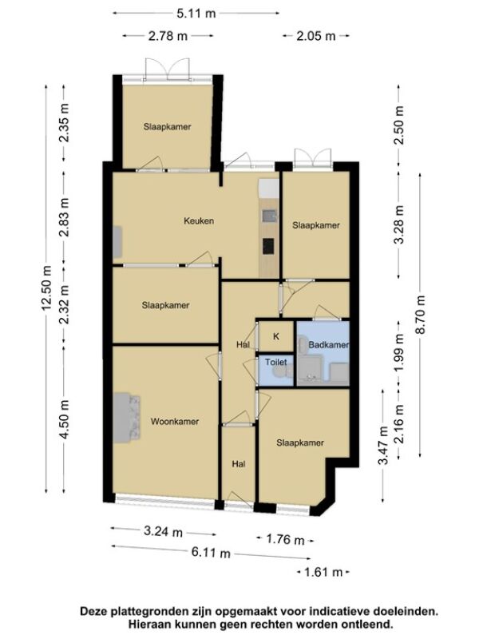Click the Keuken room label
[199, 221]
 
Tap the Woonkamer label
[175, 422]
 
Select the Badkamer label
[329, 345]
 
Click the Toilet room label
[275, 362]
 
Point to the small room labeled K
[276, 336]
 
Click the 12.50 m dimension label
[46, 288]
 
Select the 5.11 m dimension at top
[196, 14]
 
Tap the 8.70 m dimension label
[420, 315]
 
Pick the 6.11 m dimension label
[211, 553]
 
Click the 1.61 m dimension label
[323, 572]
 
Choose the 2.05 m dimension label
[316, 36]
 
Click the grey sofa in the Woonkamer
[127, 417]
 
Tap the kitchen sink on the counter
[269, 216]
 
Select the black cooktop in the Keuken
[268, 246]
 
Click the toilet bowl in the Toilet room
[281, 372]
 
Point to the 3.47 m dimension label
[383, 446]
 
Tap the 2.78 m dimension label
[168, 36]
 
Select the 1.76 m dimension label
[285, 540]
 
